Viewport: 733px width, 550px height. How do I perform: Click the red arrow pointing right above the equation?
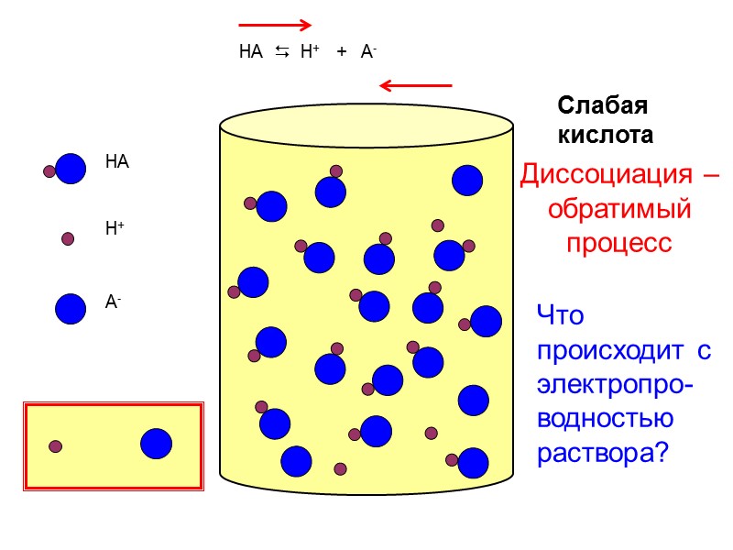point(275,25)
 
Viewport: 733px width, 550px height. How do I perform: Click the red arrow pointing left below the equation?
point(416,86)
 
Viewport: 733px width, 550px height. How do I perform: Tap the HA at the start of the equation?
point(250,53)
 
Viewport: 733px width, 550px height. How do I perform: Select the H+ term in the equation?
point(310,53)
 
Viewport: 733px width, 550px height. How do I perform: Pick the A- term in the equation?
point(368,53)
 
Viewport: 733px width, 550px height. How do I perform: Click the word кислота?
point(606,135)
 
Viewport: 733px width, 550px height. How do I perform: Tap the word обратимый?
point(618,209)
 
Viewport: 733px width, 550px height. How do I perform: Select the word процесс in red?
point(618,243)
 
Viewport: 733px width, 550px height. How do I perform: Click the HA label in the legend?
point(117,163)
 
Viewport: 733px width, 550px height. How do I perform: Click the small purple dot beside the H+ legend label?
point(67,238)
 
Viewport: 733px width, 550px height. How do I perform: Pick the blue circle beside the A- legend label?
point(71,308)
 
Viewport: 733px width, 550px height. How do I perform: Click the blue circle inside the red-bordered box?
point(156,444)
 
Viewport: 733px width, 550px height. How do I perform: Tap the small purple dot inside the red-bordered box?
point(55,446)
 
